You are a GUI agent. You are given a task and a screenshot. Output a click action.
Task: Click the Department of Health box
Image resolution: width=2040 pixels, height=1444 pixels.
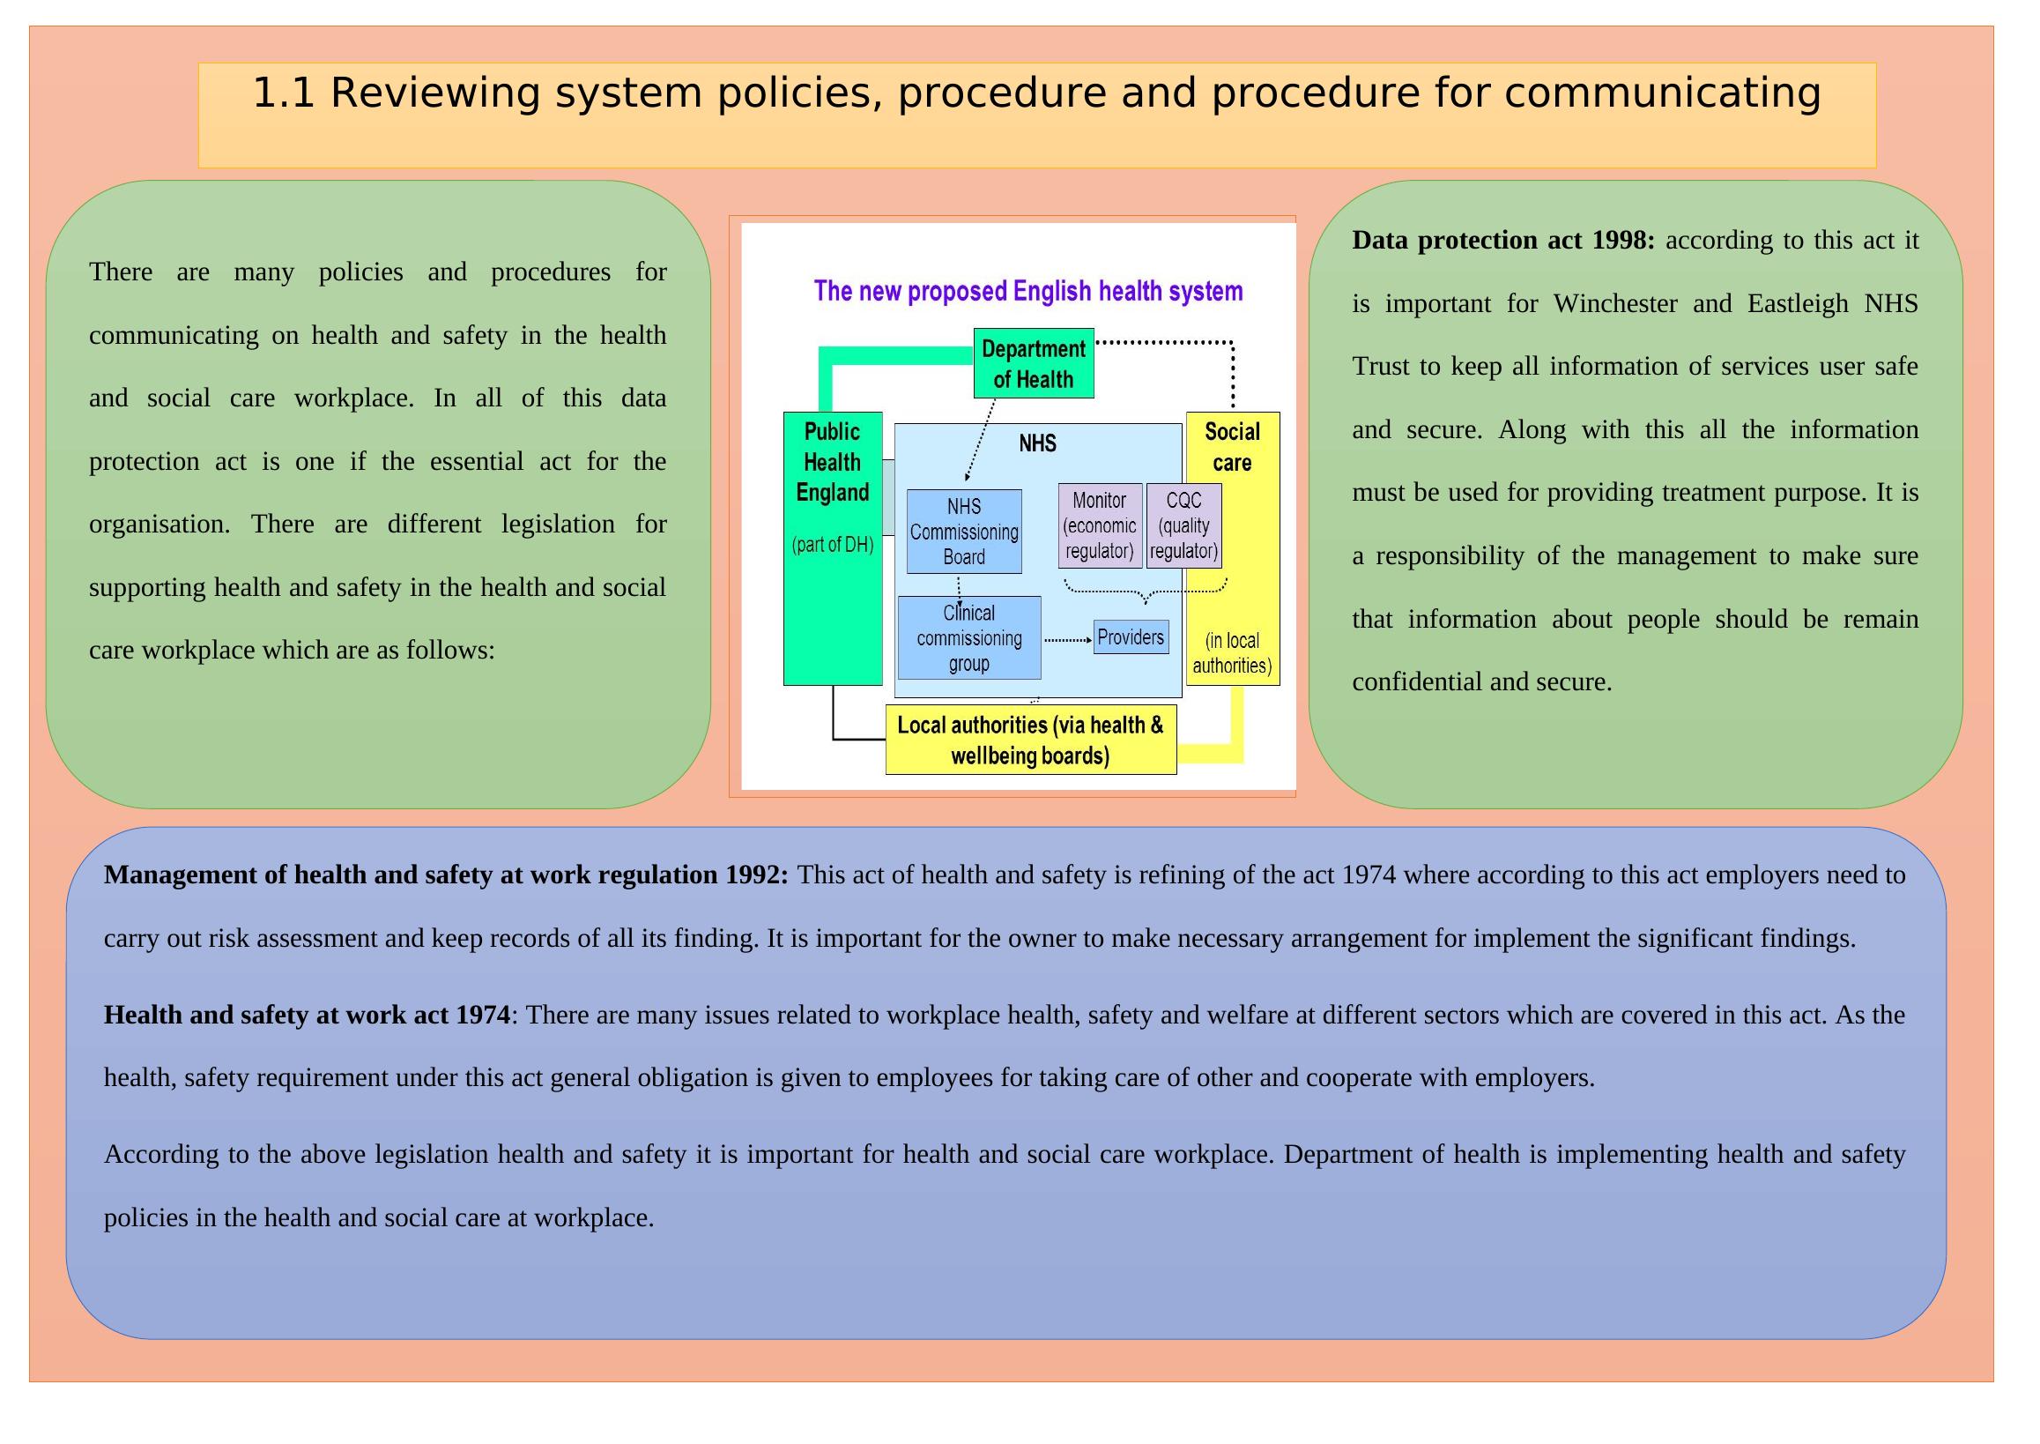[1033, 364]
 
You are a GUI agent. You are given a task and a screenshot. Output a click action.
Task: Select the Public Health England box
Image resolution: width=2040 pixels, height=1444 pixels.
[832, 547]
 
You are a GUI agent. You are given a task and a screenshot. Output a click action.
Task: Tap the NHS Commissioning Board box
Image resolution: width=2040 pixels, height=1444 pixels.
[963, 532]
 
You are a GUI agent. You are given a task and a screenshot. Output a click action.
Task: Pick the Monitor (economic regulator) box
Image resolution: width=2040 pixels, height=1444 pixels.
[1100, 525]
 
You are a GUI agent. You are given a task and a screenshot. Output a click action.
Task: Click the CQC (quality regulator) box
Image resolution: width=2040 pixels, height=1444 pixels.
[1183, 525]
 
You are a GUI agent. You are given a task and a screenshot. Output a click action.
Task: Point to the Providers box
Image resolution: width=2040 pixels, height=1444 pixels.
[1130, 637]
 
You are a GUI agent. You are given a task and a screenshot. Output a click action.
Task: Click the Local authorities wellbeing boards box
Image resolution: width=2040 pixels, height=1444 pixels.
[1030, 740]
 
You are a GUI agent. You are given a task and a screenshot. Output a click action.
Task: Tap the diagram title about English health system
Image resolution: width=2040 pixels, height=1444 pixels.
[1027, 291]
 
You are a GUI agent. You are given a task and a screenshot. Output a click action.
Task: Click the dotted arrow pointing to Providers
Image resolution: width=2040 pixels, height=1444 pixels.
[1066, 639]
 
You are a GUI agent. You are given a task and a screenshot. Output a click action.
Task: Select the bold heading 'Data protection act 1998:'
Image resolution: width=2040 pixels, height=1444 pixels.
[1502, 240]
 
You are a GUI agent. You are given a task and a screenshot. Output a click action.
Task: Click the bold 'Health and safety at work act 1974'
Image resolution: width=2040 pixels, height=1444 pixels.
[307, 1015]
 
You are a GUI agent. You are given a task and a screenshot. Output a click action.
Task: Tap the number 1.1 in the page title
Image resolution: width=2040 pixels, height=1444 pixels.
[284, 93]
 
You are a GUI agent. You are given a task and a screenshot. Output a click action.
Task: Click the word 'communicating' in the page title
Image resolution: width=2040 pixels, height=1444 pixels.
[1661, 93]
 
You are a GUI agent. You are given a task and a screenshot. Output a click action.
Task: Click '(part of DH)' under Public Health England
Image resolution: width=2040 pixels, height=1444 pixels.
[832, 545]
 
